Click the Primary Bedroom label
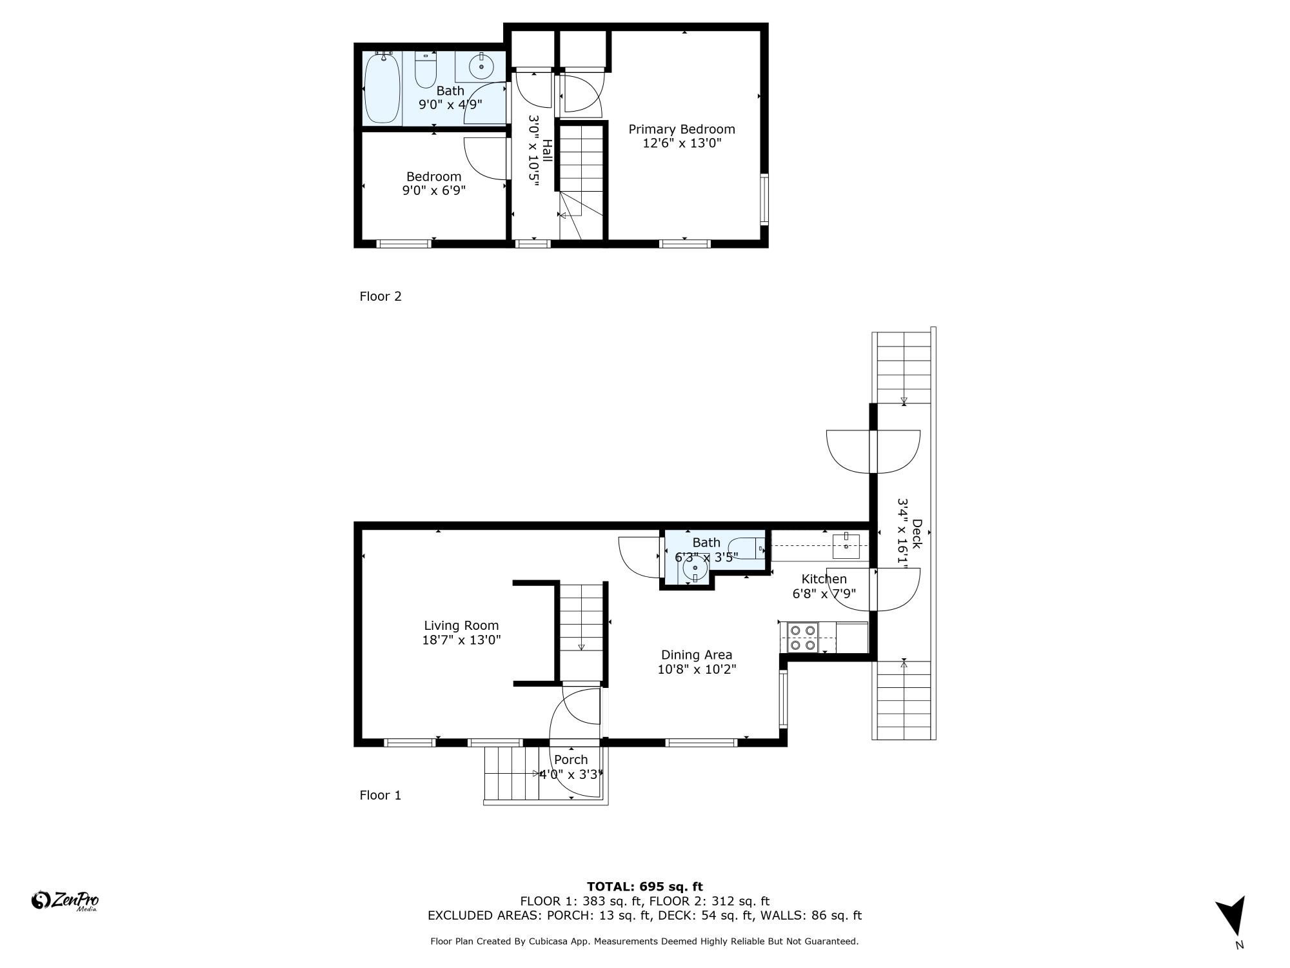point(682,130)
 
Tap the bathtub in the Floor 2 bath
point(382,88)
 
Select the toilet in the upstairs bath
point(425,71)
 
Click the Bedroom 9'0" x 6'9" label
point(433,183)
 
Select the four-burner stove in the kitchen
point(802,638)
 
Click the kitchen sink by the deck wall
point(846,546)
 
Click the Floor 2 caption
point(381,296)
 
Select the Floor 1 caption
point(381,795)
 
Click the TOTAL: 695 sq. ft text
point(644,887)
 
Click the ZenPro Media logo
point(65,901)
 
